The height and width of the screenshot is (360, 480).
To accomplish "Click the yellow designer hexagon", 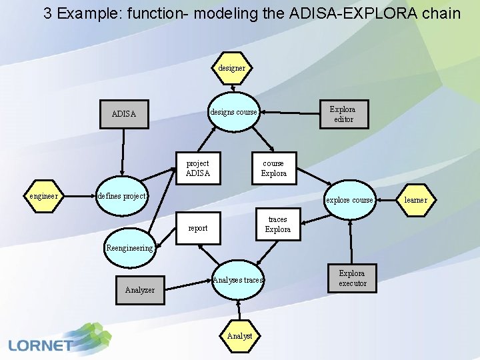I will click(232, 67).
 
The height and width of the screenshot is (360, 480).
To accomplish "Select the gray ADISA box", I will click(123, 113).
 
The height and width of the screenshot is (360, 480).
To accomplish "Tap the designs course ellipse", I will click(233, 112).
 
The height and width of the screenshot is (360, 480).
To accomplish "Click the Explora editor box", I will click(343, 114).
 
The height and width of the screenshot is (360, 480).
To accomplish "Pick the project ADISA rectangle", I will click(197, 168).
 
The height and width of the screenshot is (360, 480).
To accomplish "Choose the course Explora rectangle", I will click(273, 168).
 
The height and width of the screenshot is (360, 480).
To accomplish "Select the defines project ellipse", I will click(121, 197).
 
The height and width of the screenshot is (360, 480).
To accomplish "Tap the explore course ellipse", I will click(349, 200).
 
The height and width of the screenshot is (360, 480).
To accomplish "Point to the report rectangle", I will click(197, 228).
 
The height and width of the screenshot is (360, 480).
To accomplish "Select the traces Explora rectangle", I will click(277, 225).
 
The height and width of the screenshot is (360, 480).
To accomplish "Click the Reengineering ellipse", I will click(129, 248).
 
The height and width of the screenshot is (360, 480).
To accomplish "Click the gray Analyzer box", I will click(139, 289).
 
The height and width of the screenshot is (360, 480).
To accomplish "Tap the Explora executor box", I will click(352, 278).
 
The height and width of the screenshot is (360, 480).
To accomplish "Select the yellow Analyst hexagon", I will click(239, 336).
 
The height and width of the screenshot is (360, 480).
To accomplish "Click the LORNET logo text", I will click(41, 345).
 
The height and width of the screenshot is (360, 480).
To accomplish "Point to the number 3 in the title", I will click(47, 13).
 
